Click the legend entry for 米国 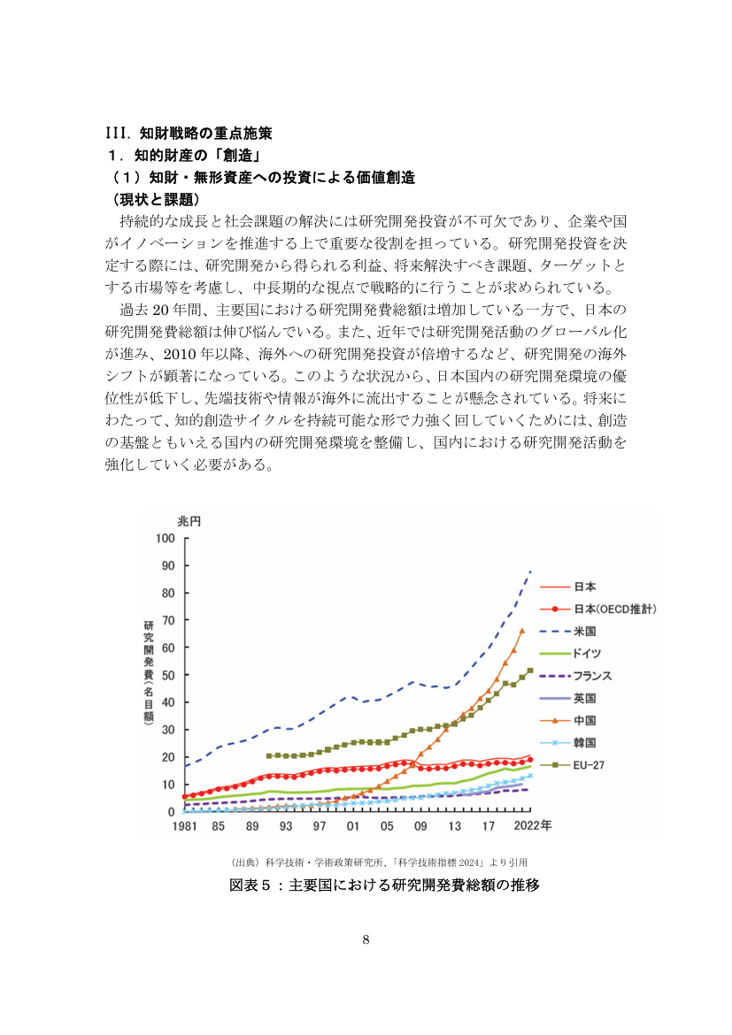point(568,631)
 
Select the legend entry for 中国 point(568,720)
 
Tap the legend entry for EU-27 point(572,765)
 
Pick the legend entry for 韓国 point(568,742)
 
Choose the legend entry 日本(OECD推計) point(598,609)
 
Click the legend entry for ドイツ point(571,654)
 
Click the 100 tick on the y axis point(166,538)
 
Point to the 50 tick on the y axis point(168,675)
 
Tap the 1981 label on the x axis point(184,825)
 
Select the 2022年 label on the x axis point(533,825)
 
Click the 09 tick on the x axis point(420,825)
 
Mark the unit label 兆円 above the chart point(189,521)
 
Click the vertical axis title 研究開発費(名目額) point(149,672)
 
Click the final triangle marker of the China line point(522,631)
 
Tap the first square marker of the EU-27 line point(269,755)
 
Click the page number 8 point(366,940)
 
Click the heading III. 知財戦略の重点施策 point(189,134)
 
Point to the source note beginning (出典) point(379,862)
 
